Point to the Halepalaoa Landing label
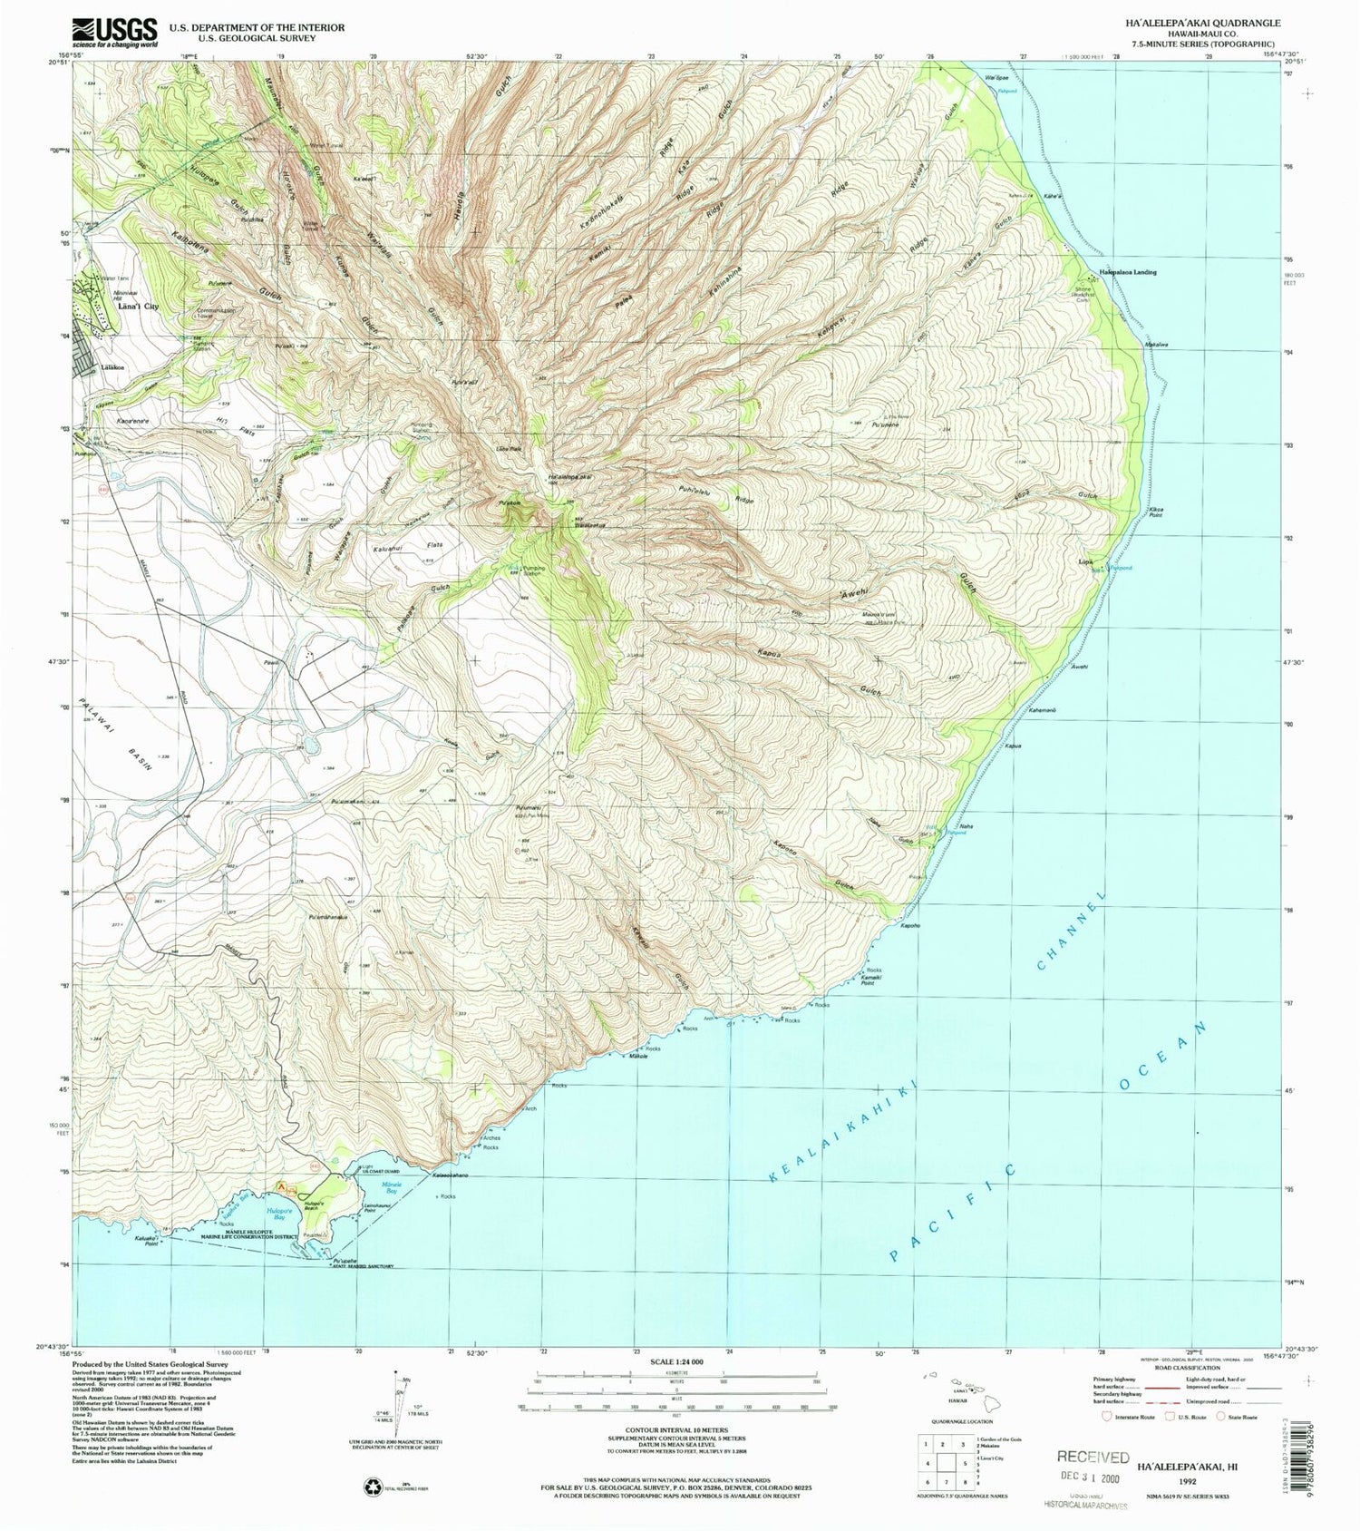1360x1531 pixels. pos(1128,271)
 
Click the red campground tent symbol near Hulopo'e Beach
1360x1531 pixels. pos(282,1185)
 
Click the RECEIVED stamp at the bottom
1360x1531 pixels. pos(1093,1458)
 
